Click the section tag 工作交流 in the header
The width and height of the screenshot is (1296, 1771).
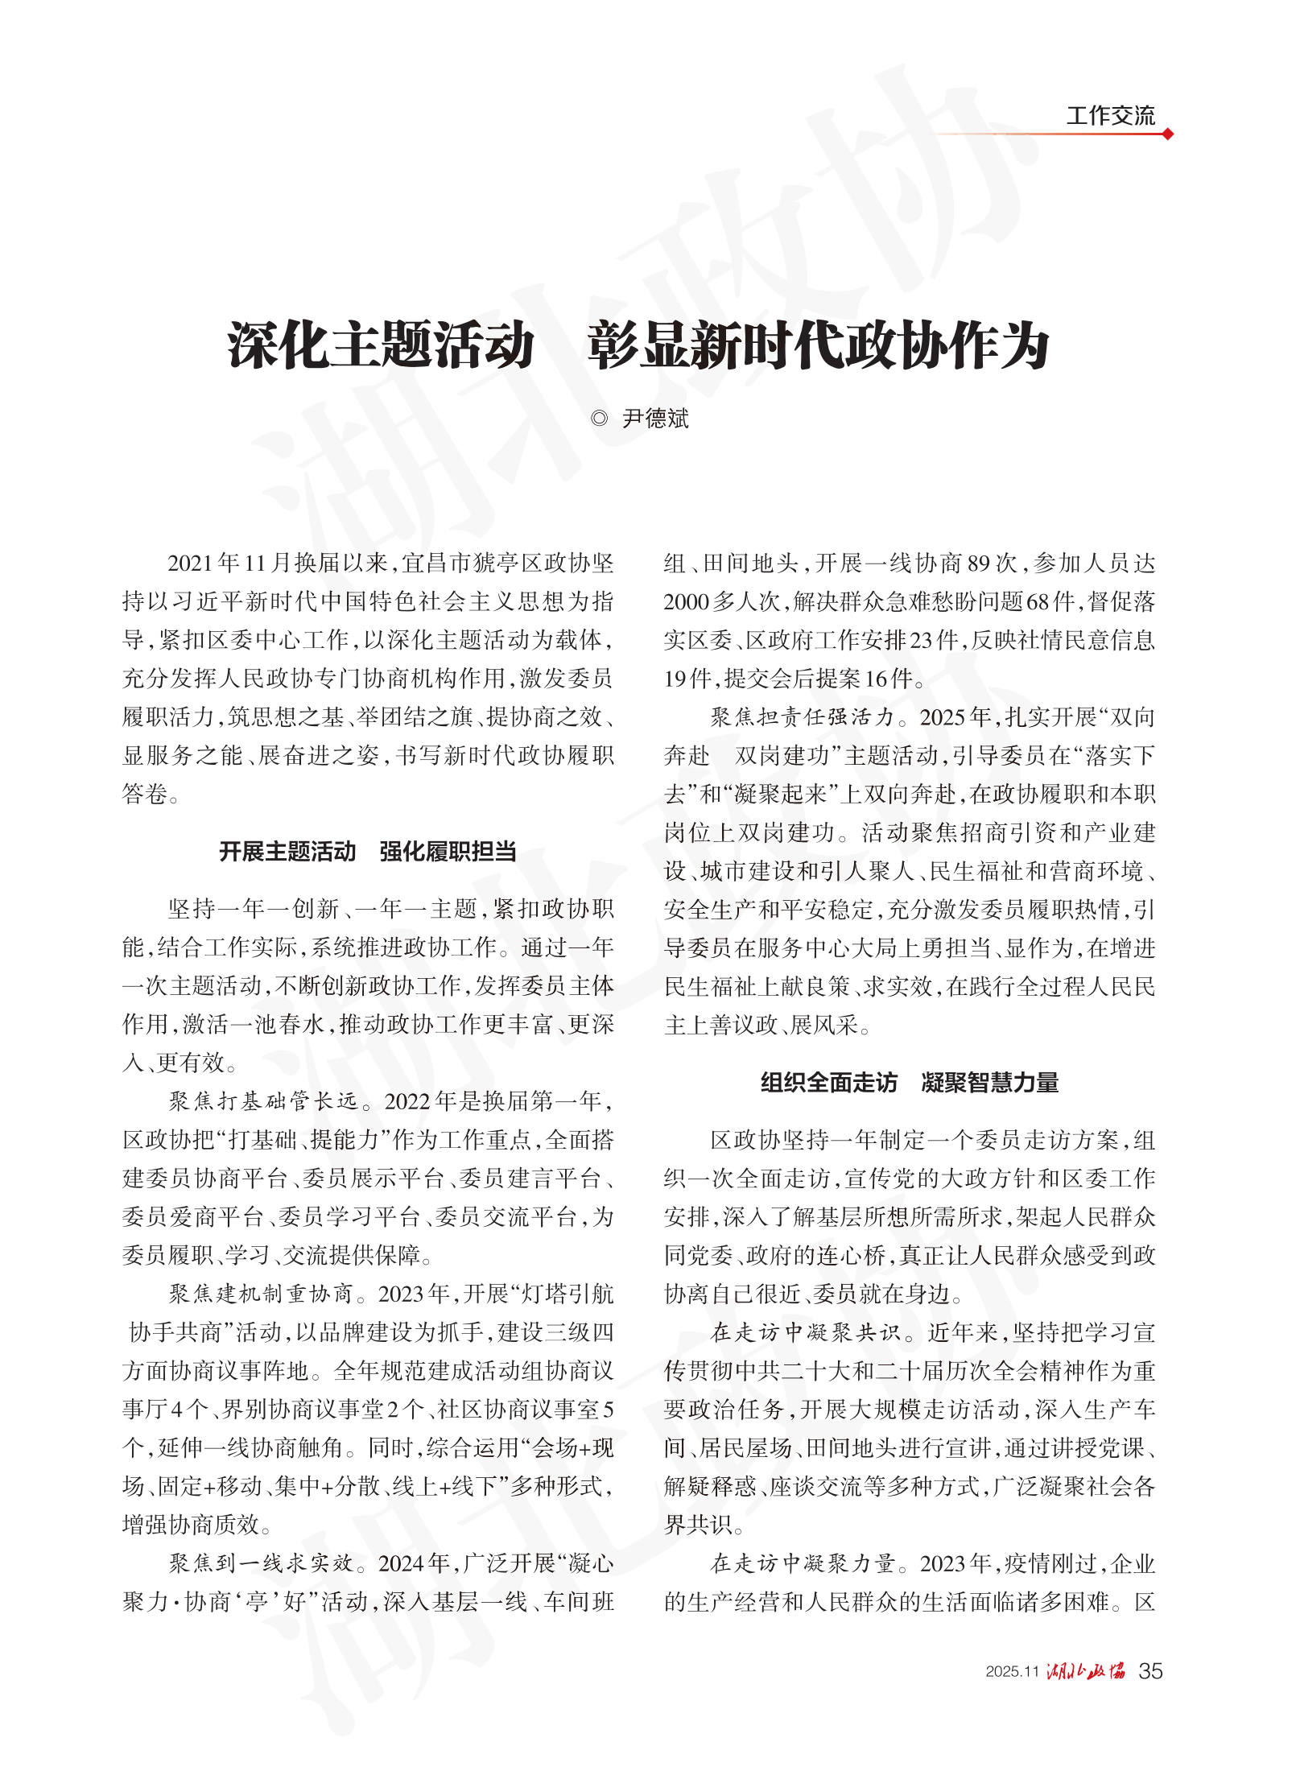point(1110,116)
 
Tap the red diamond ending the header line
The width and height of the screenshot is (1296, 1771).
point(1167,134)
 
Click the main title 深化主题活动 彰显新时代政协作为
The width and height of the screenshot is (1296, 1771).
point(638,346)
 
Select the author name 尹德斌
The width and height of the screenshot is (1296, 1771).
point(655,419)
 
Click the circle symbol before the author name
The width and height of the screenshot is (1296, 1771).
point(599,419)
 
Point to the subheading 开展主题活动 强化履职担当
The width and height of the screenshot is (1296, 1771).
point(368,852)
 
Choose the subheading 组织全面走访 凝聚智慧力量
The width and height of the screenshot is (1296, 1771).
point(910,1083)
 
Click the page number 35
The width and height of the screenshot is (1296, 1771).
point(1150,1671)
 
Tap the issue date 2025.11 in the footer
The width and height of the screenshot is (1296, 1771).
point(1012,1672)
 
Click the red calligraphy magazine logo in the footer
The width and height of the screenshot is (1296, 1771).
point(1085,1671)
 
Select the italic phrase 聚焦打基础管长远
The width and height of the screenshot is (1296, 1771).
point(263,1101)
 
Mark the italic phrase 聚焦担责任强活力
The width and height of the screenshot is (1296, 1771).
point(802,717)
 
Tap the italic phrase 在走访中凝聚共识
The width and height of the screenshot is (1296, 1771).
point(805,1332)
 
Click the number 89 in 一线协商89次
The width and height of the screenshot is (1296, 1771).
point(979,563)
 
